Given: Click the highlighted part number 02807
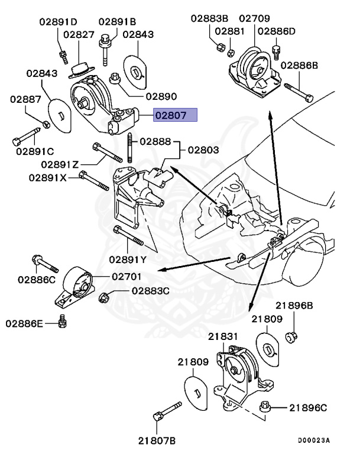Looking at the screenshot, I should pyautogui.click(x=174, y=115).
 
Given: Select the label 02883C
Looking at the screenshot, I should pyautogui.click(x=150, y=291).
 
